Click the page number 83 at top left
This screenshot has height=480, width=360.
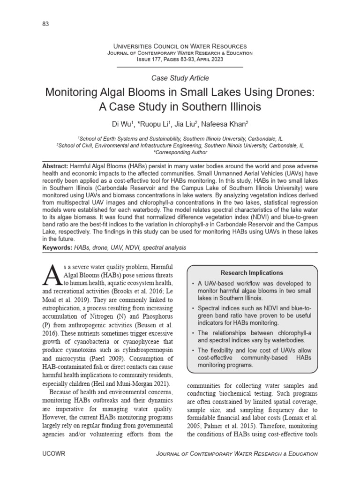(45, 24)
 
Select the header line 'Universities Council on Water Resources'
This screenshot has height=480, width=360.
(180, 46)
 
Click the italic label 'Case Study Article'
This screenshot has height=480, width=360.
(180, 78)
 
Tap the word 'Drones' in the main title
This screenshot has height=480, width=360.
(291, 92)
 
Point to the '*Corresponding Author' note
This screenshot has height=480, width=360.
(180, 152)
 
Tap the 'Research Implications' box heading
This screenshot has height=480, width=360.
(252, 272)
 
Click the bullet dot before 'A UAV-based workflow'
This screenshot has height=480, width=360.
(194, 284)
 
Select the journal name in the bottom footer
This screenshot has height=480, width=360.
(236, 454)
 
